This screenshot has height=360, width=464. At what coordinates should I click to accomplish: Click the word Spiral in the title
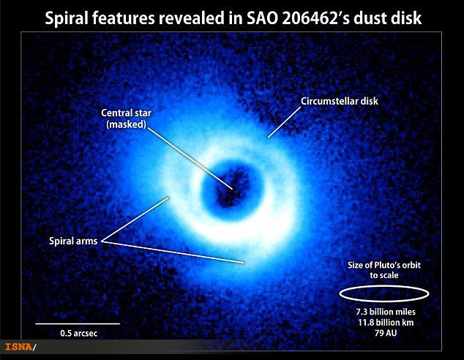tap(66, 18)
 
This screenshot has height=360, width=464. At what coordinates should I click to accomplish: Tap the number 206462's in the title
tap(315, 18)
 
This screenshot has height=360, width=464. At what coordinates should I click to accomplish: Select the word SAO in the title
tap(262, 18)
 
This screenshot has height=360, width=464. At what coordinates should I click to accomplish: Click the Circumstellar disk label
tap(340, 101)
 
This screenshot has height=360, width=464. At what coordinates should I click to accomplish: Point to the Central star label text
tap(126, 113)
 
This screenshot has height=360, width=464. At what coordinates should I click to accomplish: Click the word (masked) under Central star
tap(126, 124)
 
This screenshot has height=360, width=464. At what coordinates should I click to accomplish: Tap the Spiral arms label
tap(73, 241)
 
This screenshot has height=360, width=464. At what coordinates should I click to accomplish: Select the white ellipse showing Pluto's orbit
tap(383, 286)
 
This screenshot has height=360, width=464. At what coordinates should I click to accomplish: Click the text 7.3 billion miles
tap(386, 312)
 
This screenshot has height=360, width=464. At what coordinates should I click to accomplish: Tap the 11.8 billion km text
tap(386, 323)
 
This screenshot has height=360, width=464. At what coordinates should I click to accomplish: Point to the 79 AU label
tap(386, 333)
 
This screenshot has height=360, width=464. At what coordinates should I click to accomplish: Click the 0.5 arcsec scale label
tap(79, 334)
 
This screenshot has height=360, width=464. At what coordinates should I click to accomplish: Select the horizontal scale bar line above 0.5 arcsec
tap(78, 323)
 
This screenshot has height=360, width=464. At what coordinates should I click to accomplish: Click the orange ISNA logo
tap(19, 347)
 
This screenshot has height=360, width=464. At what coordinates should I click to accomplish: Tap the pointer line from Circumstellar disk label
tap(284, 122)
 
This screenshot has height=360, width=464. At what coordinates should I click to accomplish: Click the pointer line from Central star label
tap(190, 159)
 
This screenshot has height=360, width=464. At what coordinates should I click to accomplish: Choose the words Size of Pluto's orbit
tap(384, 265)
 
